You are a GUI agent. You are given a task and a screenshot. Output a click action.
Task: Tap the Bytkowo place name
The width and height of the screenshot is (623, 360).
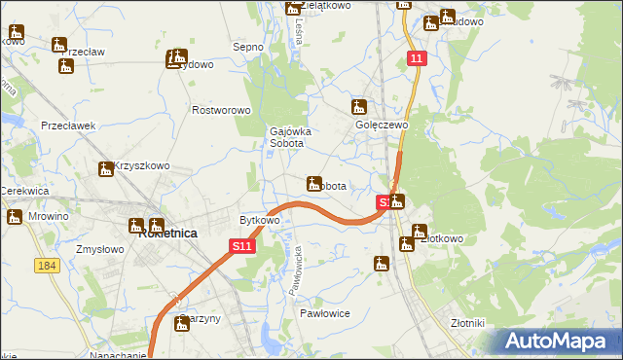tap(260, 220)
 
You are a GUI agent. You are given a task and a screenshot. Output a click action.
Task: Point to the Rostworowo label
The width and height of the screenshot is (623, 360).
tap(222, 111)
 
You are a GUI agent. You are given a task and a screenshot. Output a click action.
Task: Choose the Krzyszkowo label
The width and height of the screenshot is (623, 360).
tap(142, 166)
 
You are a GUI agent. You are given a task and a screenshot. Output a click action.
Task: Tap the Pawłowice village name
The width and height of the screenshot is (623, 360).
tap(324, 313)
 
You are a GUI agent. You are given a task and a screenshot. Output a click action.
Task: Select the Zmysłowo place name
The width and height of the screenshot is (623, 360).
tap(97, 249)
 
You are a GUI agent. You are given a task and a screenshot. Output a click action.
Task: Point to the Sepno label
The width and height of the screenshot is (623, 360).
tap(248, 47)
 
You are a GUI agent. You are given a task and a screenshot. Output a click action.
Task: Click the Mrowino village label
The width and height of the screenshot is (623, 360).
tap(49, 216)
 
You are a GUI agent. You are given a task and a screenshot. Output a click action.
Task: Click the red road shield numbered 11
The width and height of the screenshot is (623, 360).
tap(416, 59)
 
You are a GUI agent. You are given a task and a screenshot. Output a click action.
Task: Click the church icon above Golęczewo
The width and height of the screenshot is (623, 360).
tap(359, 106)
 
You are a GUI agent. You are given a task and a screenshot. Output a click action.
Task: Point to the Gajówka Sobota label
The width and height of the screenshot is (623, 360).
tap(287, 137)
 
